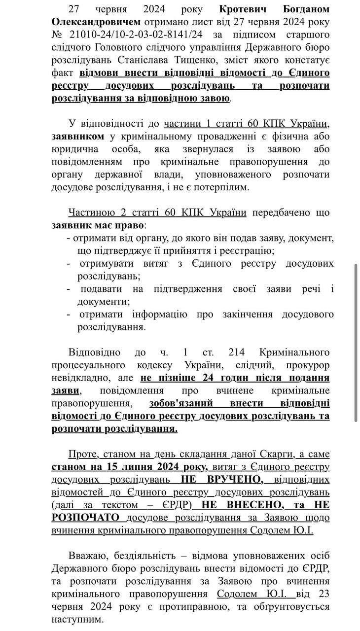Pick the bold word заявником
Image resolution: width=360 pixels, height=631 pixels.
coord(78,136)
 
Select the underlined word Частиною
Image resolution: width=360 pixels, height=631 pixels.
coord(92,212)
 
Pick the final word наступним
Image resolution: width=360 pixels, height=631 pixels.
coord(77,620)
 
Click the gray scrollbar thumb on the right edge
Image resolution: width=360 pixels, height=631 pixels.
coord(356,342)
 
